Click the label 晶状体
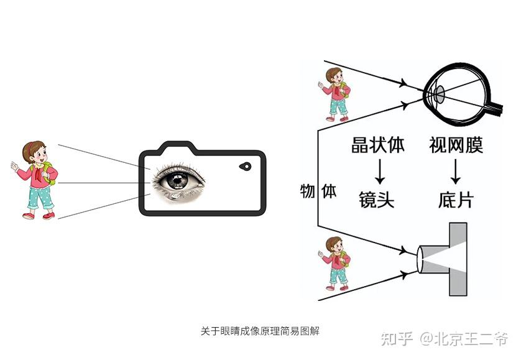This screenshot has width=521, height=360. point(377,145)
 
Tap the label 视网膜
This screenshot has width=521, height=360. point(456,145)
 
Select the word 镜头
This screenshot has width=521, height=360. point(377,200)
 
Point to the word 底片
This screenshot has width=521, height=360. point(456,200)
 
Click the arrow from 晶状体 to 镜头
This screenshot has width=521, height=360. point(377,172)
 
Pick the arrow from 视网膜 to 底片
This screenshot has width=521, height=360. point(456,172)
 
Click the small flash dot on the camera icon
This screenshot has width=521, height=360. point(245,167)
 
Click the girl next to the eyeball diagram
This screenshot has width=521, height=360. point(336,93)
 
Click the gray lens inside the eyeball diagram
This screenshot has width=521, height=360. point(439,95)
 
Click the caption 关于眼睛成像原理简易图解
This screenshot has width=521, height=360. point(260,331)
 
